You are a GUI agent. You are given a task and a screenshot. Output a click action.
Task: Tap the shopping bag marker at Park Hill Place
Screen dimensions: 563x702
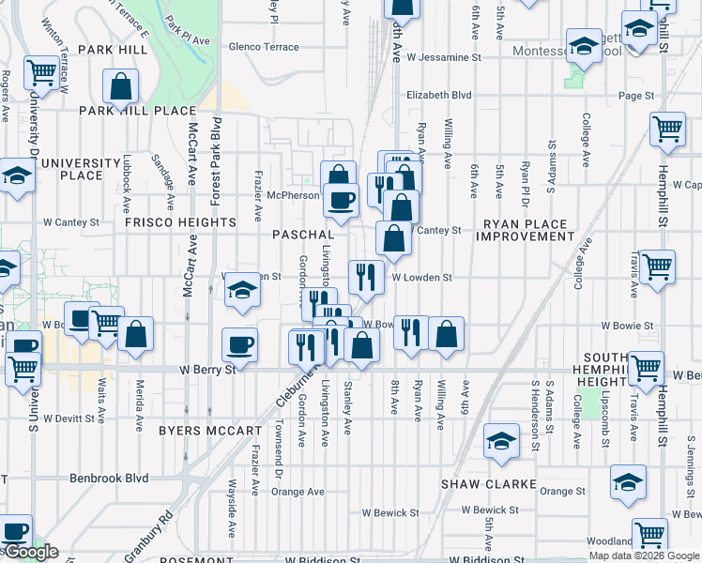121,86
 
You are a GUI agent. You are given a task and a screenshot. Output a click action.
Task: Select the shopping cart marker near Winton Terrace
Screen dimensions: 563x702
41,71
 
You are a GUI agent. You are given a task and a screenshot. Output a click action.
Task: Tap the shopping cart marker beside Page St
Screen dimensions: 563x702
667,129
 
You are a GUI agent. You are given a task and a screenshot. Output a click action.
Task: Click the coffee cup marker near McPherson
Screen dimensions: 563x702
341,199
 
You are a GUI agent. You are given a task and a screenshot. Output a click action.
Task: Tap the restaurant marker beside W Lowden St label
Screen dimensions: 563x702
365,276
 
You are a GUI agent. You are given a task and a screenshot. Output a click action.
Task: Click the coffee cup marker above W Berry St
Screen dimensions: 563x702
239,344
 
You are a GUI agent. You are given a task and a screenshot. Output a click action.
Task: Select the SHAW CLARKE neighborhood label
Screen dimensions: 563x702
489,485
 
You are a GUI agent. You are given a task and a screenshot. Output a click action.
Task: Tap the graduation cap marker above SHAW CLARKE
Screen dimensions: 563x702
501,440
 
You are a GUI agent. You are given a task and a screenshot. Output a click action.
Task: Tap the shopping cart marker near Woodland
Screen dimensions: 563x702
649,534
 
